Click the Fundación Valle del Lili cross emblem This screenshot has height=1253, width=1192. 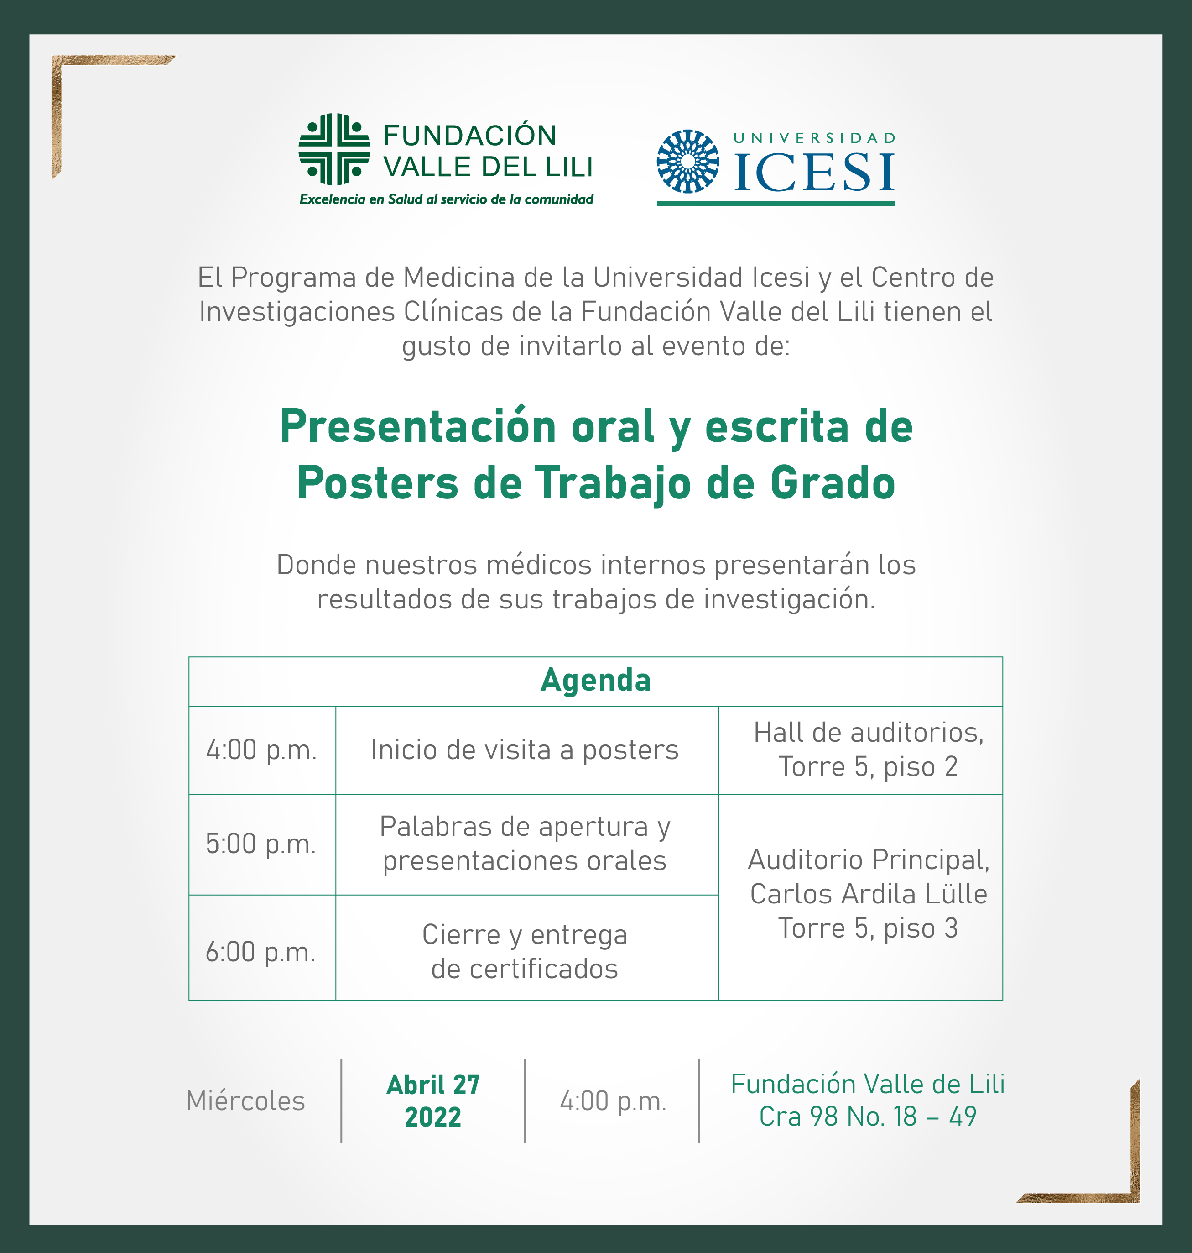click(x=334, y=149)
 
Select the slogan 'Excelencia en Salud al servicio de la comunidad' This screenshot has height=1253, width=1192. click(x=446, y=199)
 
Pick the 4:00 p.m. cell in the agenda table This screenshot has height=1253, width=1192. click(x=262, y=750)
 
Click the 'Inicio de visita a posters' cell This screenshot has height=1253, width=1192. click(x=527, y=750)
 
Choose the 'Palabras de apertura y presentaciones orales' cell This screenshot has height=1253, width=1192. click(x=527, y=844)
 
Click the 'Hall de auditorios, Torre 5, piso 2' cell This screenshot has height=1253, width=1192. click(x=861, y=750)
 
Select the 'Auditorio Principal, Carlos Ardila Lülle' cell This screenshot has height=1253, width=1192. click(x=861, y=896)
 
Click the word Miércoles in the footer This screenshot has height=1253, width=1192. click(x=246, y=1101)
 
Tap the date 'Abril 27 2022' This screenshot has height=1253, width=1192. click(x=433, y=1101)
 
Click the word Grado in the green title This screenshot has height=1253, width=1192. click(x=833, y=482)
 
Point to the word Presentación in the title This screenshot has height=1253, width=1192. click(x=419, y=426)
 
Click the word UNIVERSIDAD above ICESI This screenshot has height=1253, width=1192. click(x=815, y=138)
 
